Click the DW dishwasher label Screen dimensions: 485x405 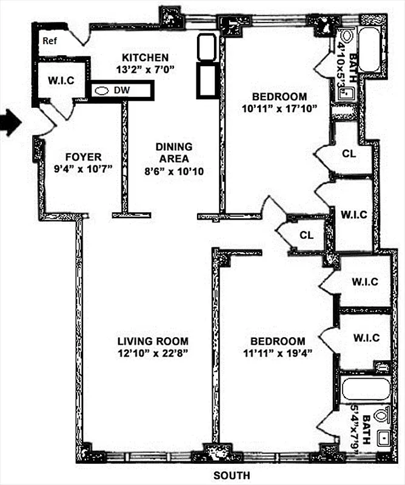127,90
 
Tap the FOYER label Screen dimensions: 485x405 68,157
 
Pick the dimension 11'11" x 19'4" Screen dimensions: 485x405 279,353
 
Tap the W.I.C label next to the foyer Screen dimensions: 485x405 61,81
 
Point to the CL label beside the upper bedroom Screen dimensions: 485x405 348,153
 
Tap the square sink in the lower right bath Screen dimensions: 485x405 383,438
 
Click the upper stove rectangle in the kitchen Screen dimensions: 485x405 206,46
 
